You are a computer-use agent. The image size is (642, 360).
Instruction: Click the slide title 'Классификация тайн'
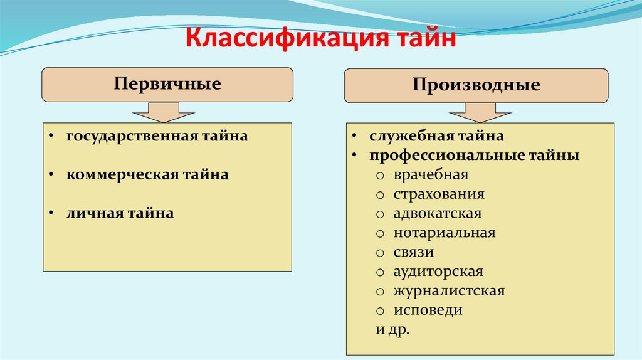pos(320,42)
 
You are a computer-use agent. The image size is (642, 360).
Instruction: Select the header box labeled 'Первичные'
pos(167,85)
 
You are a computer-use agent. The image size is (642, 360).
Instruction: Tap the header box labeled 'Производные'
pos(476,86)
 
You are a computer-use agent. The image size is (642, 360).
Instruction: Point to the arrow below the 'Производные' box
pos(480,114)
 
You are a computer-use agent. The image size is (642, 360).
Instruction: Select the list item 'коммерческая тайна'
pos(147,175)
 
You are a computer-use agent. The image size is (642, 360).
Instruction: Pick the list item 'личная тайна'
pos(120,214)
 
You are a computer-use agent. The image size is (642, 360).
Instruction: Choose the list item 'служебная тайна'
pos(436,136)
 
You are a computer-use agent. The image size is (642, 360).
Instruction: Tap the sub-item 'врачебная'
pos(431,175)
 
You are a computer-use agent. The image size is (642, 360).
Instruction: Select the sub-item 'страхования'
pos(439,194)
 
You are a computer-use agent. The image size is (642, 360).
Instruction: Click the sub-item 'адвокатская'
pos(438,214)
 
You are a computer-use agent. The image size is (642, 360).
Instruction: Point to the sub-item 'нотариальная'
pos(445,233)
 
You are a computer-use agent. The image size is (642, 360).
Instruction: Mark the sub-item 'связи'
pos(414,252)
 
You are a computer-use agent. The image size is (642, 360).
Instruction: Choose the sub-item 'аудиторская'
pos(438,272)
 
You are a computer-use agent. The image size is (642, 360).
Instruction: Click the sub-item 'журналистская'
pos(449,291)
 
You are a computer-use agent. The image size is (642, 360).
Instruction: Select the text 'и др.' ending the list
pos(392,330)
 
